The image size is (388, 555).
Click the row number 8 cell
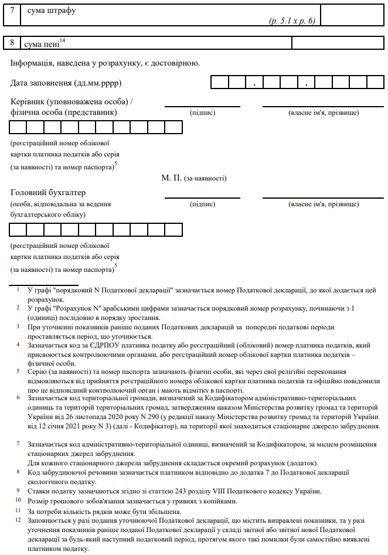[12, 43]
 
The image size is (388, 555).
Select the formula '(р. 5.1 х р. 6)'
[292, 21]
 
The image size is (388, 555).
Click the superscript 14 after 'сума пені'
[62, 40]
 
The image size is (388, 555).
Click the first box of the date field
[219, 83]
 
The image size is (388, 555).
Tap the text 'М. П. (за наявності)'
[194, 178]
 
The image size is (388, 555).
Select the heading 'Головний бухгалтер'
[48, 192]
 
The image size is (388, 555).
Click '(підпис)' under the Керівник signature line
[202, 112]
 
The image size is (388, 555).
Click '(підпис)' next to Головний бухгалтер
[202, 204]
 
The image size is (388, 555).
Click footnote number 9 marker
[18, 491]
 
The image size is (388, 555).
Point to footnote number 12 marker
[18, 519]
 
